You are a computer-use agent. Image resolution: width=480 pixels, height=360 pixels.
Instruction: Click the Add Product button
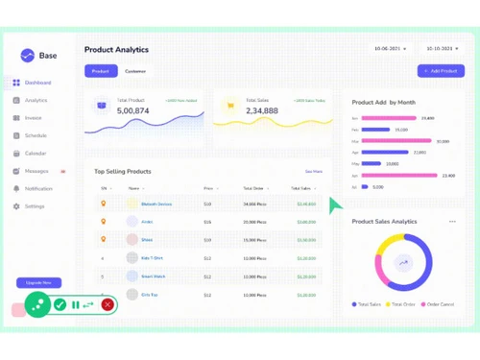pos(441,71)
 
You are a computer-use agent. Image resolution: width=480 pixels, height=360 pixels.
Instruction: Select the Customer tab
pos(135,71)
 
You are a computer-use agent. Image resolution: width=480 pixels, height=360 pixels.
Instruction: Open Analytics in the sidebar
pos(36,100)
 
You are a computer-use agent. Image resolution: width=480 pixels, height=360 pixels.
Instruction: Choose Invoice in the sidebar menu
pos(34,118)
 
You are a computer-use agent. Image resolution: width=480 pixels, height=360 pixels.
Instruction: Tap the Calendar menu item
pos(36,154)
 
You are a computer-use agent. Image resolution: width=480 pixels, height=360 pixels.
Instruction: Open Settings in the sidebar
pos(35,206)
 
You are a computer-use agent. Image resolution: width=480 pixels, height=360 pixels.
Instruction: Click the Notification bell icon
pos(16,189)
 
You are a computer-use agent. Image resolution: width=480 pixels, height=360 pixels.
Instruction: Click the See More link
pos(313,171)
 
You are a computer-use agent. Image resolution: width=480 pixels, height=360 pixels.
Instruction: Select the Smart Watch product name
pos(154,276)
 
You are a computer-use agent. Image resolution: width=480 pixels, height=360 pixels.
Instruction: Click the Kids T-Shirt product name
pos(152,258)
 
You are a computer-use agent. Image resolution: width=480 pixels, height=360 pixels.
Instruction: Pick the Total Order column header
pos(253,188)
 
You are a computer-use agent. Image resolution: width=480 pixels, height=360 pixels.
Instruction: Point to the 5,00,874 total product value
pos(132,111)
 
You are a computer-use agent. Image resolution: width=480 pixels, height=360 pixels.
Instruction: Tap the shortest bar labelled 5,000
pos(365,187)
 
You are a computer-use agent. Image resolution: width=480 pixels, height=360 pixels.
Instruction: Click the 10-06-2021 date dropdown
pos(389,48)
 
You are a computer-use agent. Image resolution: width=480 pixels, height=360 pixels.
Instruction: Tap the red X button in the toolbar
pos(108,304)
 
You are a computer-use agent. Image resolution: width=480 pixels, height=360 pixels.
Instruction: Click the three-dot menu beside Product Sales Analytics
pos(452,222)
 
